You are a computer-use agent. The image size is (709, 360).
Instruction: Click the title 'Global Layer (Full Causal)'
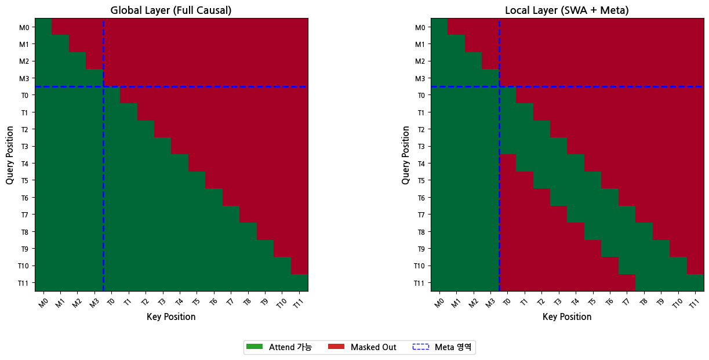click(x=172, y=10)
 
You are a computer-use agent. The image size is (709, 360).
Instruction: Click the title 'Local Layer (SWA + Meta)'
click(x=567, y=10)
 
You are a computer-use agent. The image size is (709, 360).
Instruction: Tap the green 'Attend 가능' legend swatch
click(x=254, y=347)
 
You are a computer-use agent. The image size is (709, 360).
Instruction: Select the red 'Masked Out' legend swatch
click(x=336, y=347)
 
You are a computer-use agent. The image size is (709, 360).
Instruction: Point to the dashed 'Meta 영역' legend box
click(x=420, y=347)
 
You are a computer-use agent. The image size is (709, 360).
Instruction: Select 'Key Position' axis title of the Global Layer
click(x=171, y=317)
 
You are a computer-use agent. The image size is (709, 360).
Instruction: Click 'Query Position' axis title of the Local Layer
click(x=406, y=155)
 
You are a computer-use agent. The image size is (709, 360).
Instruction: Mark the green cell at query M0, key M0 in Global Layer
click(x=44, y=27)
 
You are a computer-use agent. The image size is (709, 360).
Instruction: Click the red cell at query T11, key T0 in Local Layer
click(x=507, y=283)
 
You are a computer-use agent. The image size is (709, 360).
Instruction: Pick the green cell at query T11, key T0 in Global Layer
click(x=112, y=283)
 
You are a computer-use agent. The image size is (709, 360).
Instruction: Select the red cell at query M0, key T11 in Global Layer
click(x=299, y=27)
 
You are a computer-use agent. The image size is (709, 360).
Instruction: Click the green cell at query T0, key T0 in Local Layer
click(x=507, y=95)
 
